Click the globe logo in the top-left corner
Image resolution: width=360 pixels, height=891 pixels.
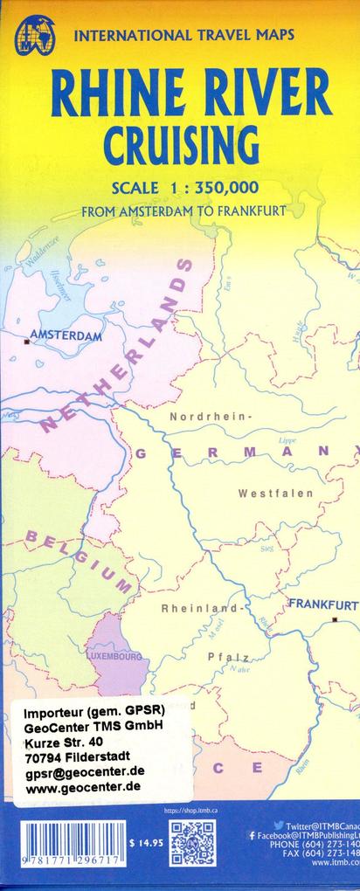tap(34, 35)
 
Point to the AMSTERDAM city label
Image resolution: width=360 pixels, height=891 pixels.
tap(66, 335)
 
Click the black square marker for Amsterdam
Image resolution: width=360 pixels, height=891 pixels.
tap(27, 342)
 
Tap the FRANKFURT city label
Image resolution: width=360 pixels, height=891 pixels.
tap(322, 604)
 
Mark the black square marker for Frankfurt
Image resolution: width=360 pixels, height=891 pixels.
tap(335, 619)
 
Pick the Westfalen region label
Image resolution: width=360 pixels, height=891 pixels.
tap(275, 494)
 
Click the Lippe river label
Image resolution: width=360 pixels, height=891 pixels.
tap(262, 441)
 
